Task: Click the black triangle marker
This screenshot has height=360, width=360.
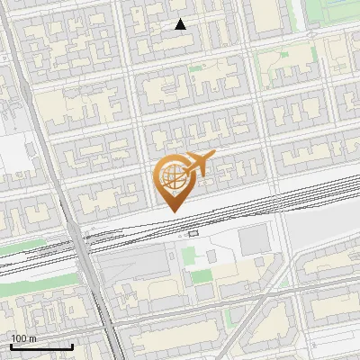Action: pos(181,24)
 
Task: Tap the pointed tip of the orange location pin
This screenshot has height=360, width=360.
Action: pos(172,211)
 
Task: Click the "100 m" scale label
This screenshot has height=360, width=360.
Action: pos(24,338)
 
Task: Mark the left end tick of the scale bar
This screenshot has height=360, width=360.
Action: pos(11,346)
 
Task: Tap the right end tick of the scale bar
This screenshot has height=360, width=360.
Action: pos(72,346)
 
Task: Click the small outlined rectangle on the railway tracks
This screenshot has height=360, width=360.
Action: pos(193,233)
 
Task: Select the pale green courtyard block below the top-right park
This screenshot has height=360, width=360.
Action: pos(279,67)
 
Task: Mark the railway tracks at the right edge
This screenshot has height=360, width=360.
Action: pos(346,192)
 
